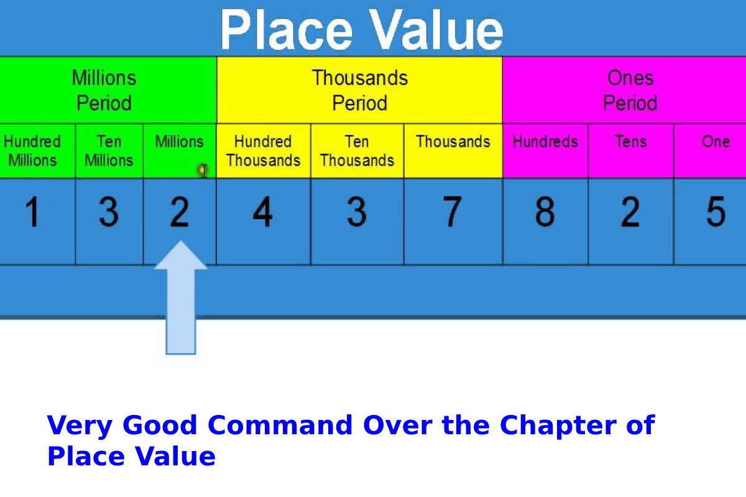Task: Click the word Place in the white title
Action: coord(287,30)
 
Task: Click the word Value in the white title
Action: coord(436,30)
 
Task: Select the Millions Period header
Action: coord(104,90)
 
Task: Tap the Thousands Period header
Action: coord(360,90)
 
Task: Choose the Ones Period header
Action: coord(630,90)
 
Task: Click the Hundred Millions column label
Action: coord(32,151)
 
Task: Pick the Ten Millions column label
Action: coord(109,151)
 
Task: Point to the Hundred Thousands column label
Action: coord(263,151)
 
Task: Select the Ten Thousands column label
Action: coord(357,151)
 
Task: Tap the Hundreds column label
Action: coord(545,142)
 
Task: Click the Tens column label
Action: coord(631,142)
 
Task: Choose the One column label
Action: coord(716,142)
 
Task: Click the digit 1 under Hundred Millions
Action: coord(32,212)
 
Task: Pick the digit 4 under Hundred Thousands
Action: coord(263,212)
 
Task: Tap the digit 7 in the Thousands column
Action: coord(453,212)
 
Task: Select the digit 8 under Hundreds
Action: coord(545,212)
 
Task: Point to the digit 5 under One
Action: coord(716,212)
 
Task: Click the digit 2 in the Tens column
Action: coord(630,212)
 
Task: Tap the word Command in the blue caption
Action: coord(280,425)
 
